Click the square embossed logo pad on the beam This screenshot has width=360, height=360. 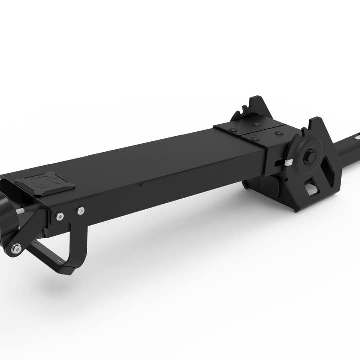coord(45,183)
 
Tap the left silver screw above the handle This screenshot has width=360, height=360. coord(60,216)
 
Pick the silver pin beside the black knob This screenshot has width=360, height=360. coord(23,211)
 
